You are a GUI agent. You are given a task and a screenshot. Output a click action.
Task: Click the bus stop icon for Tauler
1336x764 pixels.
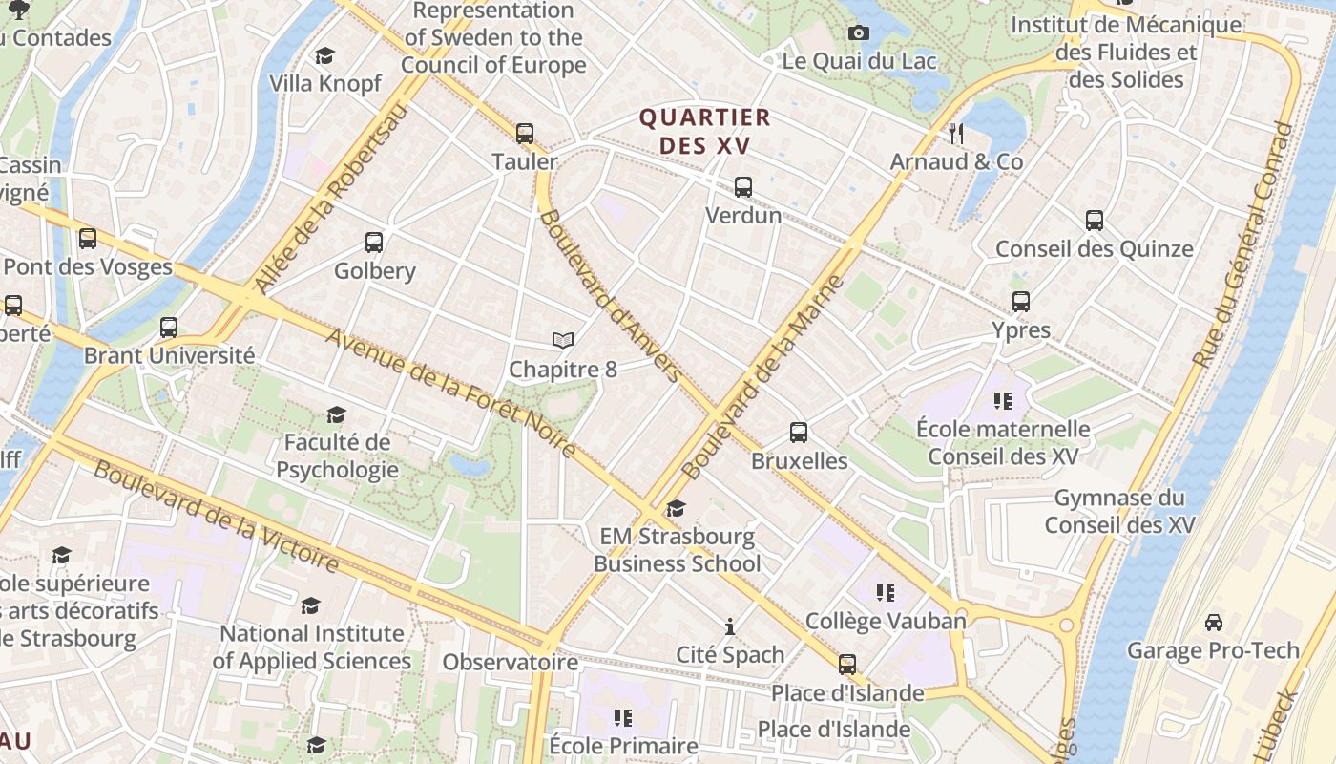(524, 134)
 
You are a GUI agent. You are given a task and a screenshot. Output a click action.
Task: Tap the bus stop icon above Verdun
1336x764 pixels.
(742, 187)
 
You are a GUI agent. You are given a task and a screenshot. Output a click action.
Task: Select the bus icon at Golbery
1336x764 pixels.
(373, 243)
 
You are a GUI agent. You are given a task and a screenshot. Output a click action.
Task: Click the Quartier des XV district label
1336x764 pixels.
(704, 132)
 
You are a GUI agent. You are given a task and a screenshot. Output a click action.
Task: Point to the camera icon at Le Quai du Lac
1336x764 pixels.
(858, 33)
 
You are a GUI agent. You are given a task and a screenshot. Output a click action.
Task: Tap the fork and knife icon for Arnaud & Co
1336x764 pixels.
(956, 133)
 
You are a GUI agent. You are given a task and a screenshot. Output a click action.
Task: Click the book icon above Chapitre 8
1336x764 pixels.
(563, 340)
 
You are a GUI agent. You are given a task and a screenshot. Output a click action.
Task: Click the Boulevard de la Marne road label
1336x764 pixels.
(764, 377)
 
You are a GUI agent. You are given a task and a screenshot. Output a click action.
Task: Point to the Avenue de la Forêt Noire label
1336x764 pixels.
(450, 393)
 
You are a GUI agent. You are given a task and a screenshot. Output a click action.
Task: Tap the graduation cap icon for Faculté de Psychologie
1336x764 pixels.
(336, 414)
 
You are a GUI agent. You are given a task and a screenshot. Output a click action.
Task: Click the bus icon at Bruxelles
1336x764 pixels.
(799, 433)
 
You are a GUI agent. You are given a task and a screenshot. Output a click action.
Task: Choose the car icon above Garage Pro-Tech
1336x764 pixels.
(1213, 623)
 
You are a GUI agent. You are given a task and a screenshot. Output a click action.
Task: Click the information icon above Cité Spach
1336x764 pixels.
(730, 626)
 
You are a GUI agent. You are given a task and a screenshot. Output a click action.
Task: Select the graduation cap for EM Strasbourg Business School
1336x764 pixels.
(677, 508)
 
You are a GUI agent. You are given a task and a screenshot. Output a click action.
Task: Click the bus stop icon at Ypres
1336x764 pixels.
(1021, 302)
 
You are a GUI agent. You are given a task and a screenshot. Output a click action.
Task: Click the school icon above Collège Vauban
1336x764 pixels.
(886, 593)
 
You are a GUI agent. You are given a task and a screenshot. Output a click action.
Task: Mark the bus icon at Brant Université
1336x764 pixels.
(169, 327)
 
